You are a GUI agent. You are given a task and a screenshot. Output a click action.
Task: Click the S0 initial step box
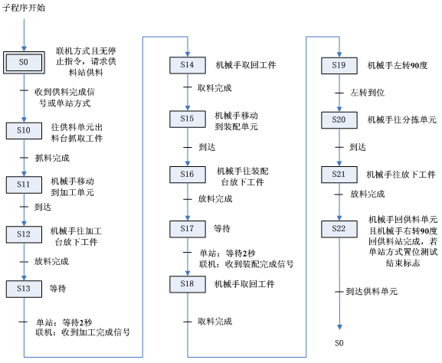coord(24,61)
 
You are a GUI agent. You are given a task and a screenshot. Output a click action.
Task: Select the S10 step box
coord(24,131)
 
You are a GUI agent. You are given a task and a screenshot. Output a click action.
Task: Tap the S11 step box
coord(24,184)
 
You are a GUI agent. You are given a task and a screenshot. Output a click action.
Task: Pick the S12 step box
coord(24,234)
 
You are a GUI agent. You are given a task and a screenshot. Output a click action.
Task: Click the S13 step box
coord(24,288)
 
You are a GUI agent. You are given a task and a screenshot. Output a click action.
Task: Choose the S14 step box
coord(188,65)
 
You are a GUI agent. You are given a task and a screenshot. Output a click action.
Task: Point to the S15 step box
coord(188,119)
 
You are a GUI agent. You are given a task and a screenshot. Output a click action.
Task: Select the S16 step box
coord(188,175)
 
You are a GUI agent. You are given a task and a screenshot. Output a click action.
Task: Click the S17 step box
coord(188,228)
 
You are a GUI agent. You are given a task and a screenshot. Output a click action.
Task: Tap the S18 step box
coord(188,283)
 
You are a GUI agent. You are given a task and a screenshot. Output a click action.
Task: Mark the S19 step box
coord(339,65)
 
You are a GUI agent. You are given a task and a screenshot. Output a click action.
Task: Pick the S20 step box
coord(339,120)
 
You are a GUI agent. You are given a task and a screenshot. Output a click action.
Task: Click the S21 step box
coord(339,175)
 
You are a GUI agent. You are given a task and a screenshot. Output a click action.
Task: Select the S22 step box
coord(339,229)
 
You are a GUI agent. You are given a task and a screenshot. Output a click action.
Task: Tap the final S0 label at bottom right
coord(339,342)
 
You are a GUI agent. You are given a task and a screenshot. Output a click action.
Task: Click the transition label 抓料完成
coord(52,158)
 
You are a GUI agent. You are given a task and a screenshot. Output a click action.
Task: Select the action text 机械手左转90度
coord(397,66)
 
